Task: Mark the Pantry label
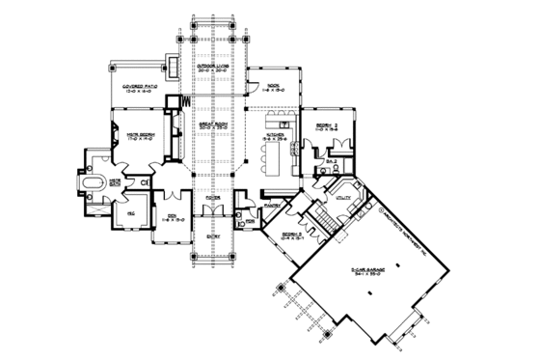pos(271,205)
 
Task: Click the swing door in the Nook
pos(253,88)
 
